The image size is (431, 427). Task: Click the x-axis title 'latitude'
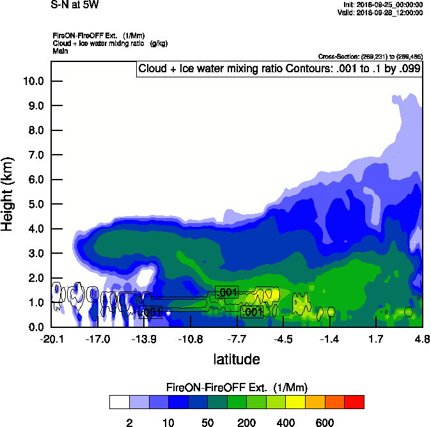coord(236,359)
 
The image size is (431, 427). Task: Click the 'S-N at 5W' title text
coord(75,5)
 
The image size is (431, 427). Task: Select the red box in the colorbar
coord(354,402)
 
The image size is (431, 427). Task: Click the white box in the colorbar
coord(119,402)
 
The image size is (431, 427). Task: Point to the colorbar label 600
coord(325,423)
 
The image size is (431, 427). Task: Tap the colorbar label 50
coord(207,423)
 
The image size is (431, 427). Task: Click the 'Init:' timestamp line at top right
coord(382,5)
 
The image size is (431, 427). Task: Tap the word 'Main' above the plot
coord(61,50)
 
